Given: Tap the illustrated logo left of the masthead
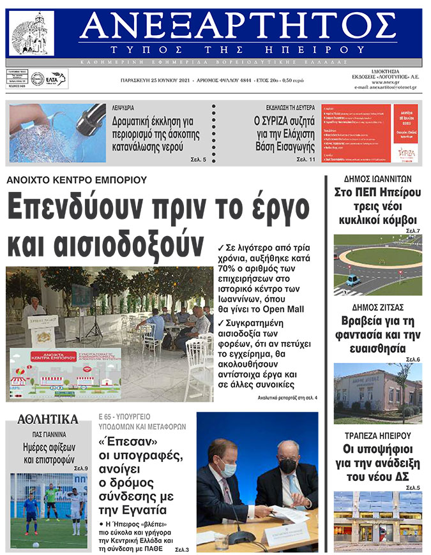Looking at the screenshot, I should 31,33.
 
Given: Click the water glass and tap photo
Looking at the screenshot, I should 57,133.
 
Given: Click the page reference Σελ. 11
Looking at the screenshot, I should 306,159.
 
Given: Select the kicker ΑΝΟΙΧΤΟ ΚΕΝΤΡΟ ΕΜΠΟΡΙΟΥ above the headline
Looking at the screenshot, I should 77,180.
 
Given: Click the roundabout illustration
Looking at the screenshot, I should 377,265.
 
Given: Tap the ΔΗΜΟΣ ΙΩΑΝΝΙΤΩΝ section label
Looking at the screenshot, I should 377,179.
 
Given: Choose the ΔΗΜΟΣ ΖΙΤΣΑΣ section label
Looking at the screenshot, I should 377,307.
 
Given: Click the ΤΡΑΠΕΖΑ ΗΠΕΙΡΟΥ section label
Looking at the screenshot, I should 377,436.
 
